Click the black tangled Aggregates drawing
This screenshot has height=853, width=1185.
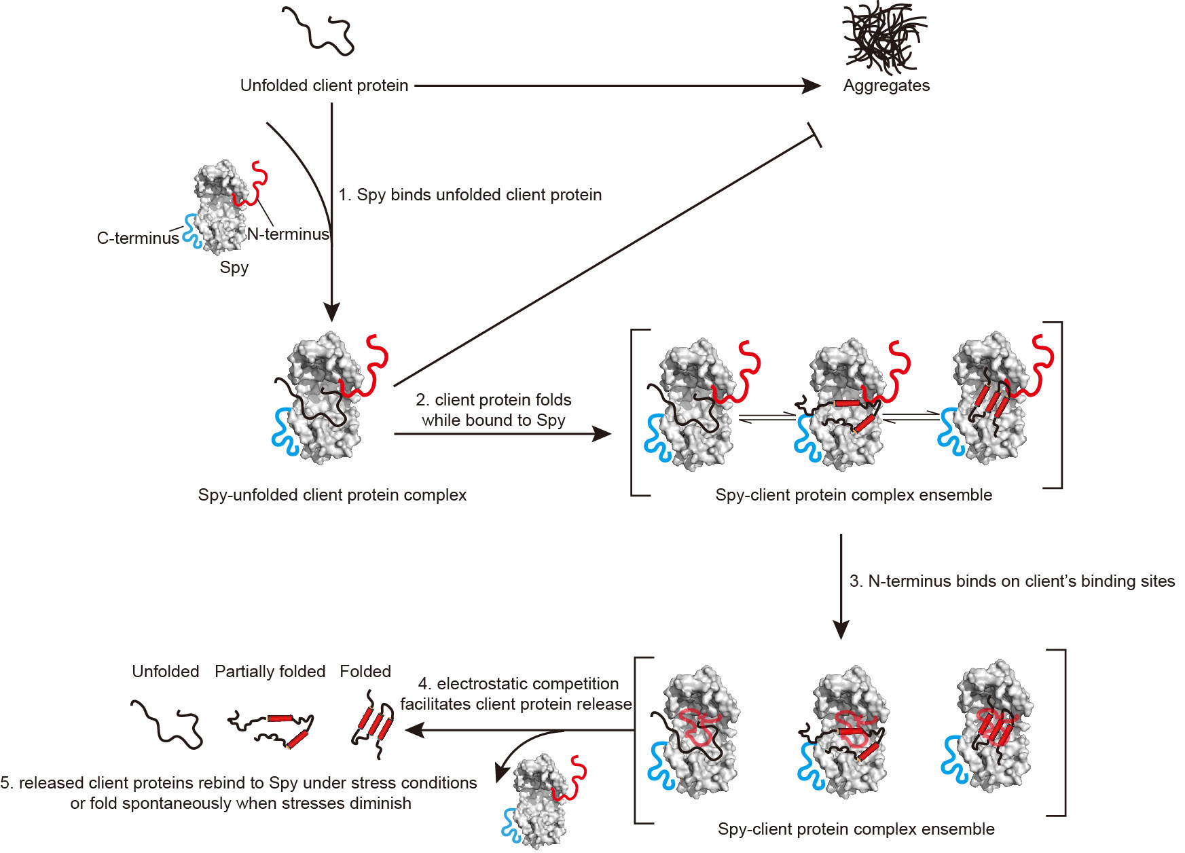click(884, 37)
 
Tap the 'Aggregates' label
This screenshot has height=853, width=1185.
click(886, 86)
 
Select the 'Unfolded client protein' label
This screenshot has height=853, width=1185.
click(324, 86)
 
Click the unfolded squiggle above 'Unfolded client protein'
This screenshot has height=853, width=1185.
click(318, 30)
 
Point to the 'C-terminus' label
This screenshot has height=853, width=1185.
click(138, 238)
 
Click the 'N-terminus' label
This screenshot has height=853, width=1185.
click(288, 234)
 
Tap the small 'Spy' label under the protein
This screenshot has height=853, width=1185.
click(234, 267)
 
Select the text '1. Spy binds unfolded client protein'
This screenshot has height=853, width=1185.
click(470, 195)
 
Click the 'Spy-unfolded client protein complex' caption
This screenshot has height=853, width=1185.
click(332, 494)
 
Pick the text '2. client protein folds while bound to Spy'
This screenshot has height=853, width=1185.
click(494, 410)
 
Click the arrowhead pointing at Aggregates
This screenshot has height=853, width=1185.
click(812, 86)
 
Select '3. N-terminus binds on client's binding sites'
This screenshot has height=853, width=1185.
click(1012, 581)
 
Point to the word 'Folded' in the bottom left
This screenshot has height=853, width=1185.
click(365, 671)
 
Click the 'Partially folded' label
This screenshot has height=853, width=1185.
click(270, 671)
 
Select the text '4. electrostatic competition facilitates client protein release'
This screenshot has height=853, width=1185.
click(516, 693)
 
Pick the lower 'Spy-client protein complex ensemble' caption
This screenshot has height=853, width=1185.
click(856, 829)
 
